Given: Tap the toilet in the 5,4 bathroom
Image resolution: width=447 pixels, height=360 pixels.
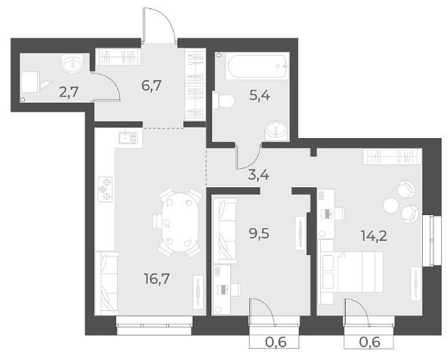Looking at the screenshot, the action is coord(223,100).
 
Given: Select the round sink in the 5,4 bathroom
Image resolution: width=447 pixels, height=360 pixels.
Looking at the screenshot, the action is coord(276,131).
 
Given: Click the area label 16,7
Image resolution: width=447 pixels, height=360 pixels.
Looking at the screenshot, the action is coord(157,278).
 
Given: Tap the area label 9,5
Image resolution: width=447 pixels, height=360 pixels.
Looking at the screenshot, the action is coord(259,234).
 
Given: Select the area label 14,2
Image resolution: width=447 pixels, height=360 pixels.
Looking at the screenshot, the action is coord(374,236).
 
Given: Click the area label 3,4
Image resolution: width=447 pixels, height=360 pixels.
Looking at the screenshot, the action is coord(258,174).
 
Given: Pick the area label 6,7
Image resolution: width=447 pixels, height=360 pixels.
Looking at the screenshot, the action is coord(151,85).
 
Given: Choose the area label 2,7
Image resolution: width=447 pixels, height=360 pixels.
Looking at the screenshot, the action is coord(69,92).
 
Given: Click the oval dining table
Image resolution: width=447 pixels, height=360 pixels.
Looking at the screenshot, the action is coord(179,223).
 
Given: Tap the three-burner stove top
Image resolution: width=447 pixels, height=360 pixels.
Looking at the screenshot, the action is coord(105,189).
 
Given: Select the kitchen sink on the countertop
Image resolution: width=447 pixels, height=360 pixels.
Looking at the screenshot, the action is coord(128,138).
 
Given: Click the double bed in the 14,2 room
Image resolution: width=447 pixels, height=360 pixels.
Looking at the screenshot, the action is coord(351,272).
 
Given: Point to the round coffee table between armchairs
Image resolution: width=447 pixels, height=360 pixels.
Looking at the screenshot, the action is coord(391,205).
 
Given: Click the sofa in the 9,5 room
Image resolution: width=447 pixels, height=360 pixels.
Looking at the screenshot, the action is coord(225,231).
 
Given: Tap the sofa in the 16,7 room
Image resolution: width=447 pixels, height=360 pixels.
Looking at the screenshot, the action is coord(106,283).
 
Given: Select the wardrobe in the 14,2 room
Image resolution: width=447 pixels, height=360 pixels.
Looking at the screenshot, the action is coord(392,156).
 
